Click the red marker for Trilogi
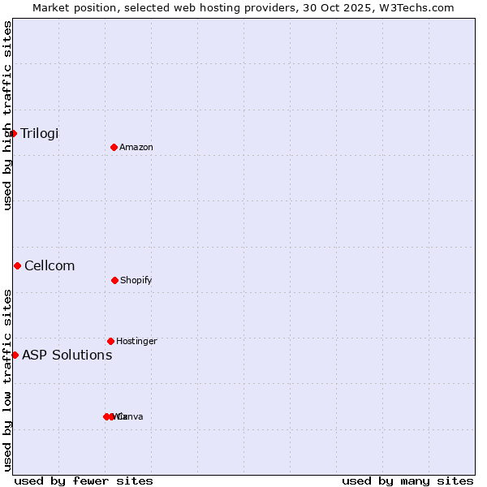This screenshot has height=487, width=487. point(14,133)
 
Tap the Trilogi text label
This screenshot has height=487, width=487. point(40,134)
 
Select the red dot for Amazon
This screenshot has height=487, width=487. point(114,147)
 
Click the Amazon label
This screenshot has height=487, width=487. point(136,148)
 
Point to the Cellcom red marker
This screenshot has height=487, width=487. point(17,265)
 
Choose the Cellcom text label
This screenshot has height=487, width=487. point(50,266)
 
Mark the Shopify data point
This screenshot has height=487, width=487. point(114,280)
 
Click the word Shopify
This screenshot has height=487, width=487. point(136,281)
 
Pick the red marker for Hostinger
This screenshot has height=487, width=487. point(110,341)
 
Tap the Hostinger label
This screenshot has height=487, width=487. point(136,342)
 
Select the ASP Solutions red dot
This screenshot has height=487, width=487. point(15,355)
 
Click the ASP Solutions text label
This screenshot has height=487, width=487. point(67,356)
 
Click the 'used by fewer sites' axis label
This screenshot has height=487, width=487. point(84,481)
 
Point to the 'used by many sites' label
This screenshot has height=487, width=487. point(407,481)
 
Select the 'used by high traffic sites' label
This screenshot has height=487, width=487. point(7,115)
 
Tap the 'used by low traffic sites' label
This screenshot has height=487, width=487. point(7,380)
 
